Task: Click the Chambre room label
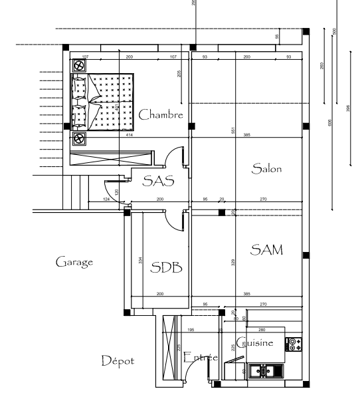(x=160, y=115)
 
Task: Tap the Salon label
(x=266, y=169)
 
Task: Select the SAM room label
(x=266, y=250)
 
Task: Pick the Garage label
(x=74, y=262)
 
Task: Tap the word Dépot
(x=118, y=361)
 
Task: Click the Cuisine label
(x=254, y=344)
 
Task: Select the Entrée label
(x=200, y=358)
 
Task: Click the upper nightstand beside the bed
(x=80, y=65)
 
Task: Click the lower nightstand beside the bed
(x=80, y=138)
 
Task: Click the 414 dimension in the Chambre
(x=130, y=135)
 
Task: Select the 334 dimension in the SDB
(x=140, y=262)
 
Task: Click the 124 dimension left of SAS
(x=106, y=199)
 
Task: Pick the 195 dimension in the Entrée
(x=191, y=329)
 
